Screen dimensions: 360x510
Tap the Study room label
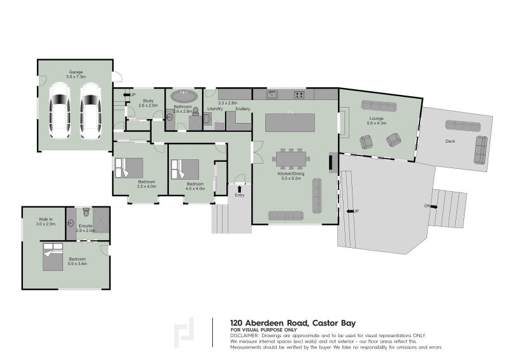[x=149, y=100]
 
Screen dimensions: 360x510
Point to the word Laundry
[x=214, y=109]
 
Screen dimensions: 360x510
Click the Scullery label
[x=242, y=109]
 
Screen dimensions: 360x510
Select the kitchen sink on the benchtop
[x=272, y=95]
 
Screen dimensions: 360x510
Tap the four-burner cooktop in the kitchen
[x=298, y=95]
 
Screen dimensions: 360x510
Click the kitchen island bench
[x=290, y=122]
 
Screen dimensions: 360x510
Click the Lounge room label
[x=376, y=119]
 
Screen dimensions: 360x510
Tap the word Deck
[x=451, y=141]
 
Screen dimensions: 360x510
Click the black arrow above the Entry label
[x=239, y=189]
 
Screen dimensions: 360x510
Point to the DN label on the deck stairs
[x=426, y=206]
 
